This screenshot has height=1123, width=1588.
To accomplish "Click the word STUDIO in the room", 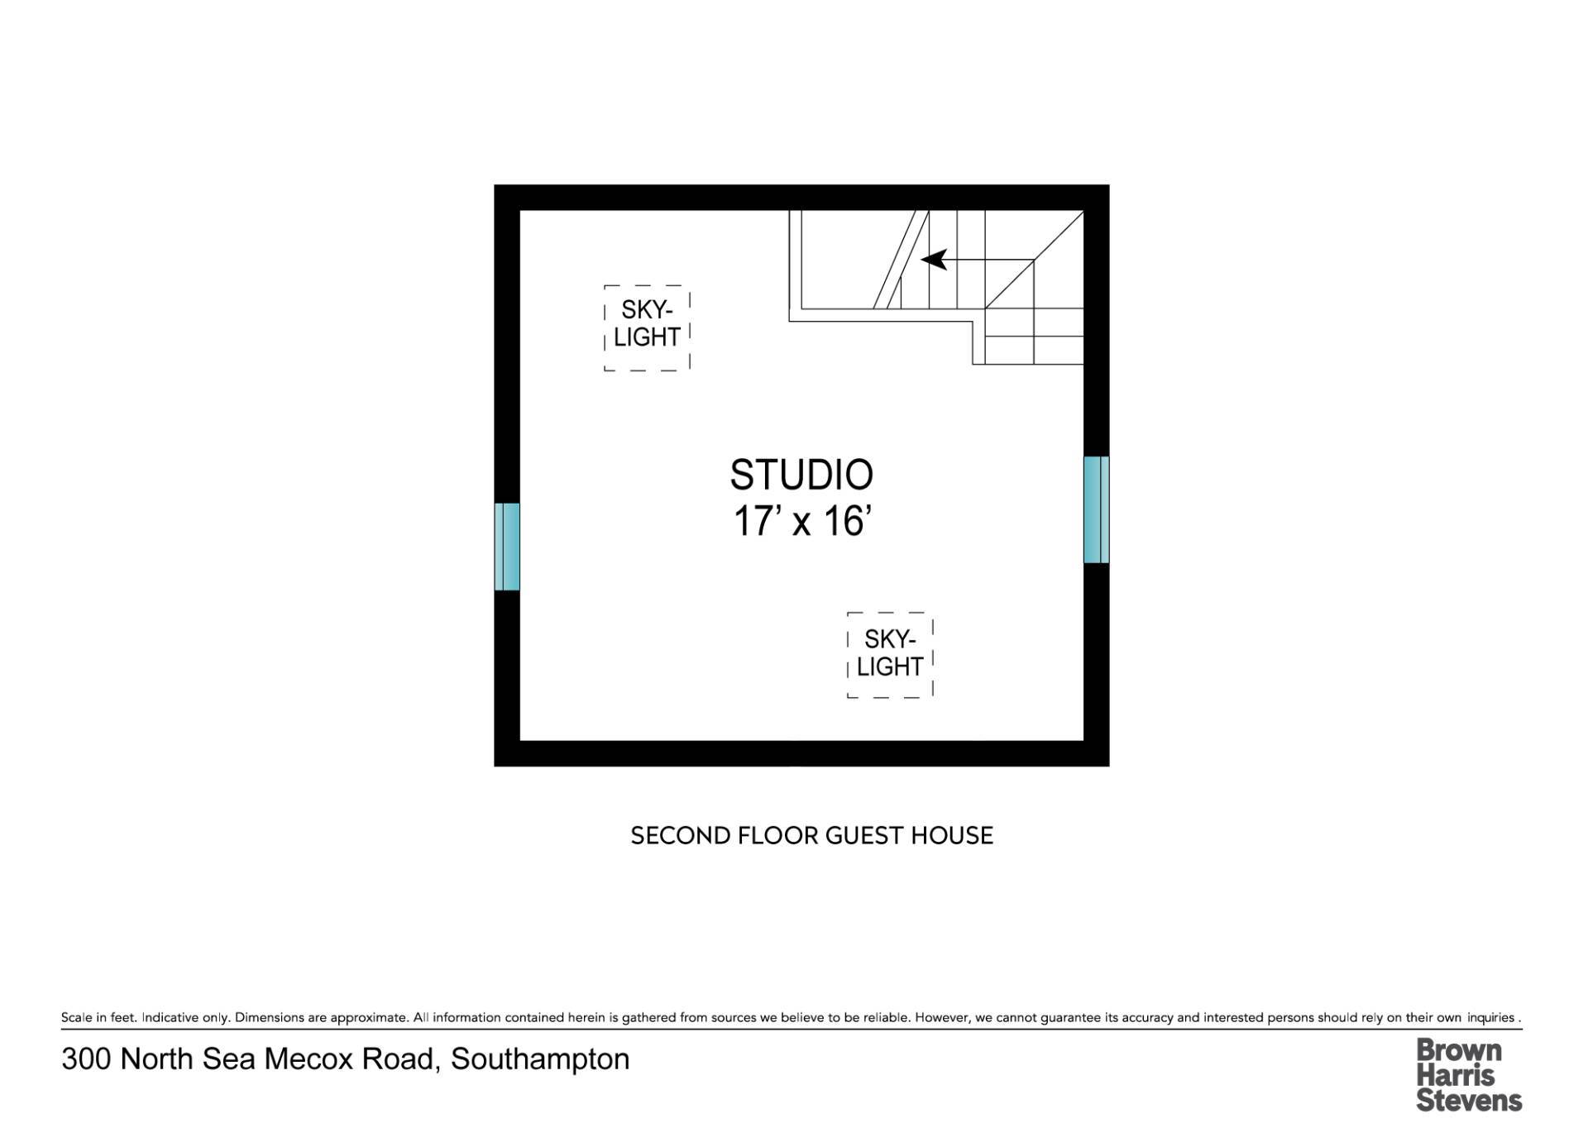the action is [801, 475].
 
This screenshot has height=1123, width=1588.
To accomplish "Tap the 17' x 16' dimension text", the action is [802, 522].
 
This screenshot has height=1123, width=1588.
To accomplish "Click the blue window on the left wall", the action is [507, 547].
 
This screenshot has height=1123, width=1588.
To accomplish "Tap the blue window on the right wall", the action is [1097, 509].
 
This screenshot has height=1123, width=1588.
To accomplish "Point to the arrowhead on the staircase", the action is [934, 260].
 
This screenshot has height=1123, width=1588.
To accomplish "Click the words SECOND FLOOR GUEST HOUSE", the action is [812, 835].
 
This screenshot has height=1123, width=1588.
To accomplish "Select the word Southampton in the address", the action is [540, 1059].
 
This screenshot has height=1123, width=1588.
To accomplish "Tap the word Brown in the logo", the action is [1459, 1050].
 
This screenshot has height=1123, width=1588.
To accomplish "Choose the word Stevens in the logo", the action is [1469, 1100].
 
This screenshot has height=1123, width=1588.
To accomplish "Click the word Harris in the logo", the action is [1456, 1075].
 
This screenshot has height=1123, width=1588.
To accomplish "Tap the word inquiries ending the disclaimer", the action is [1490, 1017].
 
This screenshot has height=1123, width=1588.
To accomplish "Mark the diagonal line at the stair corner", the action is [1034, 260].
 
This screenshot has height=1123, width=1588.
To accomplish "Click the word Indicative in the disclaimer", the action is [170, 1017].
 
